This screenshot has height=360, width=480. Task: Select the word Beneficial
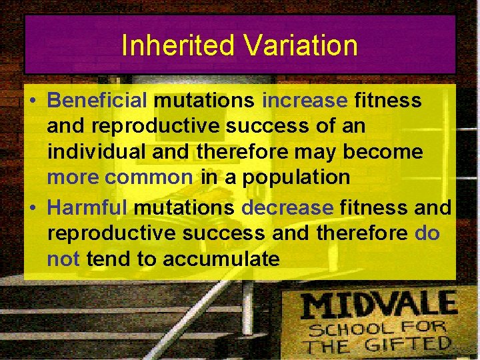click(x=97, y=100)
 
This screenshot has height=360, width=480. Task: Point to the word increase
click(x=305, y=100)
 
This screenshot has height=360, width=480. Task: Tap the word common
click(x=149, y=178)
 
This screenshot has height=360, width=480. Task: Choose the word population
click(x=296, y=178)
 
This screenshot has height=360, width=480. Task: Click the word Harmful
click(x=87, y=207)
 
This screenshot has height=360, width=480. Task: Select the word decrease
click(x=287, y=207)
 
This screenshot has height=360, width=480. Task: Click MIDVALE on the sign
click(x=378, y=306)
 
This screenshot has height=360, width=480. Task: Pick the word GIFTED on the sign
click(x=411, y=345)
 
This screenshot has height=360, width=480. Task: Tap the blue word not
click(x=63, y=259)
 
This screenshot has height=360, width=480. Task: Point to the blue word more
click(x=73, y=178)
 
